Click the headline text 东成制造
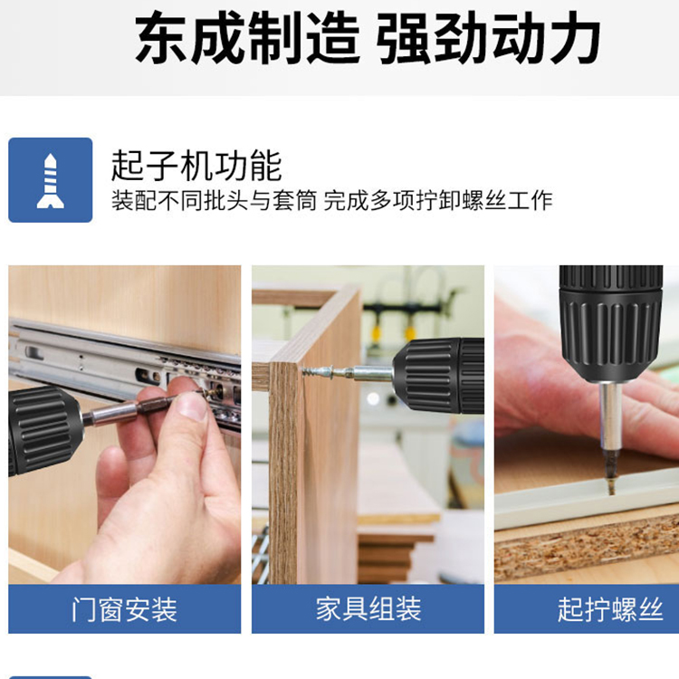click(x=247, y=38)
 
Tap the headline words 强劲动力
click(x=488, y=38)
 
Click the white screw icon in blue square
click(x=50, y=180)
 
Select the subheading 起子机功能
click(x=196, y=166)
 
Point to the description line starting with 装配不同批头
click(x=331, y=200)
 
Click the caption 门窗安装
click(x=125, y=609)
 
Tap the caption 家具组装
click(x=368, y=609)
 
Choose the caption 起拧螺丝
click(x=610, y=609)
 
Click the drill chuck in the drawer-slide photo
click(x=43, y=431)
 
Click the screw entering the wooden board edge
click(x=320, y=371)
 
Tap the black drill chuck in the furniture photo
click(x=438, y=376)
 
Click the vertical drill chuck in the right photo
click(x=611, y=322)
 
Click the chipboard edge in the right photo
click(x=587, y=553)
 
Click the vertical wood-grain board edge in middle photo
click(x=283, y=473)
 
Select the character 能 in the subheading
click(x=266, y=166)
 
